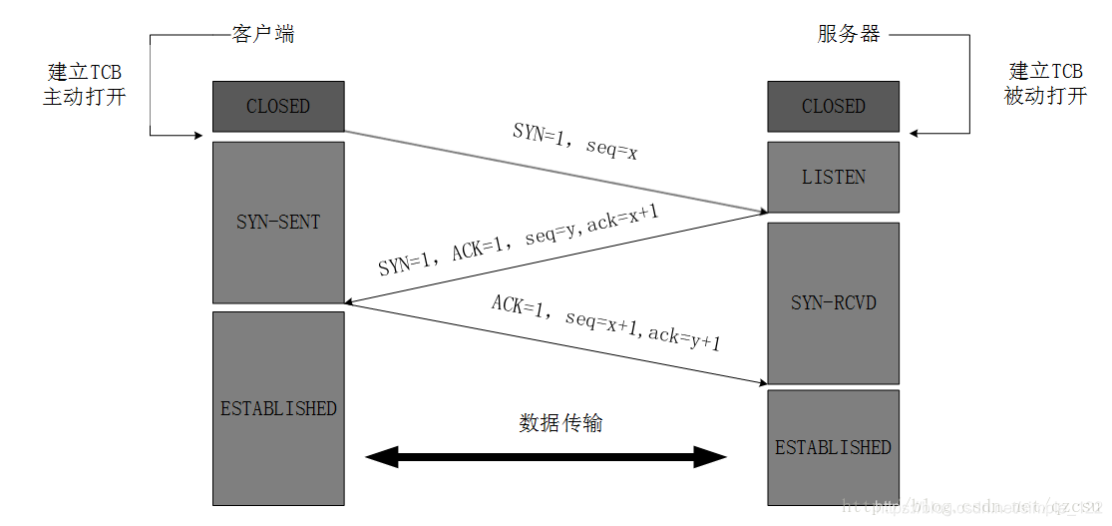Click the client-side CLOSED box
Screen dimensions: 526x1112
278,106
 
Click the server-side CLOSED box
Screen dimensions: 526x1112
833,106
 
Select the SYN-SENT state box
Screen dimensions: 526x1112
278,222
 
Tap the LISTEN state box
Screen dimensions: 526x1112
833,177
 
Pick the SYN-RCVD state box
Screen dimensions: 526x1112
833,301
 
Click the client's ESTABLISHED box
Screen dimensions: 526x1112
278,407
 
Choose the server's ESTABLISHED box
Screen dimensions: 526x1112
833,446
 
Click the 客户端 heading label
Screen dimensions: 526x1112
262,34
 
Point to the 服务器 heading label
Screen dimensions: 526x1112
849,34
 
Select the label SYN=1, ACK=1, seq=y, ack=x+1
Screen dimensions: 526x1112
519,244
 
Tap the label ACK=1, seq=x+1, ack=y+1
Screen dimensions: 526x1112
605,322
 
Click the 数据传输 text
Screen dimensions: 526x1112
560,422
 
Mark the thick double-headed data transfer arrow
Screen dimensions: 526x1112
546,458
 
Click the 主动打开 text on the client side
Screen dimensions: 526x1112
84,97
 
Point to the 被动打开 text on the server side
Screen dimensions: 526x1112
1045,97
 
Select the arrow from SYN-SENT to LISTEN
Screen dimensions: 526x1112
555,172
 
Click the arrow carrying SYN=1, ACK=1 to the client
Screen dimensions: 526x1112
555,259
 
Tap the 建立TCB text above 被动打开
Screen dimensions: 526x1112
1045,72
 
